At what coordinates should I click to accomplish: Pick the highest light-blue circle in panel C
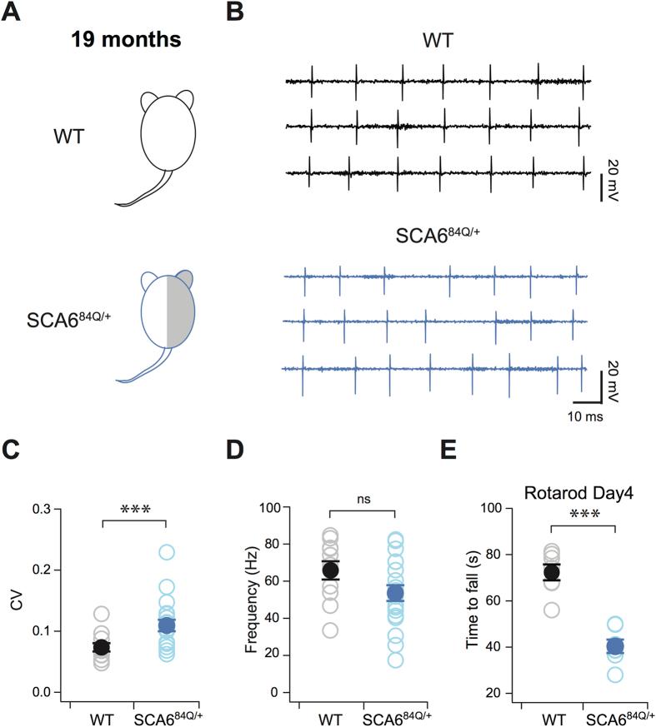[167, 551]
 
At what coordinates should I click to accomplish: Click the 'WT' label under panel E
[550, 718]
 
